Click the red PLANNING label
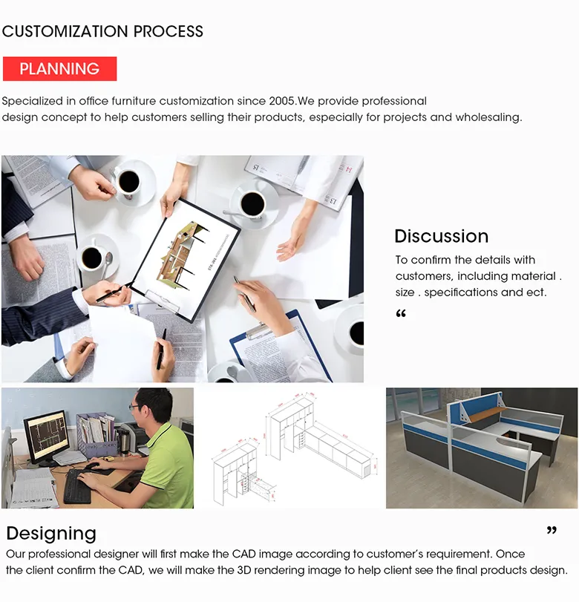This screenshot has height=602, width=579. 59,69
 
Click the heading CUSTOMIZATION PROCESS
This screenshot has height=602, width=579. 102,31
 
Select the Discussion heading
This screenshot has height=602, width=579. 441,236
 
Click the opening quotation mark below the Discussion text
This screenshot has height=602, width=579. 401,313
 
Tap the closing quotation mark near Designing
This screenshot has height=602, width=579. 551,531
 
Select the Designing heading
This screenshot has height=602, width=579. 51,533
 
